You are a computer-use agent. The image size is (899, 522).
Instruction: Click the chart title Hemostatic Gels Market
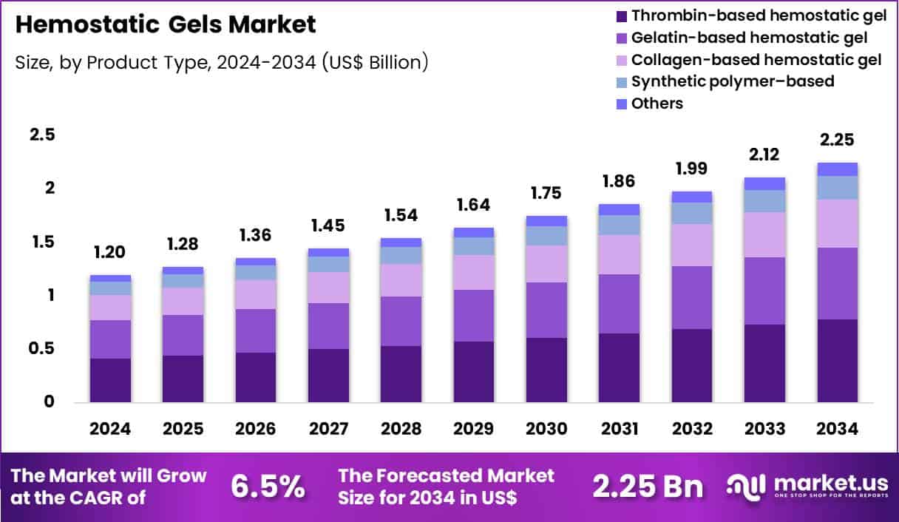pos(166,24)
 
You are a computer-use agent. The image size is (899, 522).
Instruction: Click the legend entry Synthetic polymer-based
pos(732,81)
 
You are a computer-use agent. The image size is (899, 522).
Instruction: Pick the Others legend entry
pos(657,104)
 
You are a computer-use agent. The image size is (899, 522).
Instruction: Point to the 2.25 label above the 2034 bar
pos(837,140)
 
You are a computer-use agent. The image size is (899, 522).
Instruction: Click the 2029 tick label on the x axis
pos(474,430)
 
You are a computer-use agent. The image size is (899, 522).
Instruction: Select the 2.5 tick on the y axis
pos(42,135)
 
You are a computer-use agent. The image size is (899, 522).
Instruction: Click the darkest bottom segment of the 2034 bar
pos(837,361)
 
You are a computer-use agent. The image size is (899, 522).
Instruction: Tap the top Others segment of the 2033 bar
pos(764,184)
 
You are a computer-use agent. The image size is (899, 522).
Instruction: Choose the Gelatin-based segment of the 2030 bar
pos(546,310)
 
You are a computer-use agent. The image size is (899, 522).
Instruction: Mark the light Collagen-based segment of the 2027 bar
pos(328,288)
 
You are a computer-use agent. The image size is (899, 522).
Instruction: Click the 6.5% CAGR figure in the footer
pos(268,486)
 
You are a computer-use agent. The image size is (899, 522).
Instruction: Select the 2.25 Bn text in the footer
pos(648,486)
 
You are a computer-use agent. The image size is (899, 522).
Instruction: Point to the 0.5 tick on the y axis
pos(42,349)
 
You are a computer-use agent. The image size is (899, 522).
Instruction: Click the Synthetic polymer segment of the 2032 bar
pos(692,213)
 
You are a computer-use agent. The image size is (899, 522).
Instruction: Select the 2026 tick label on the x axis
pos(256,430)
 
